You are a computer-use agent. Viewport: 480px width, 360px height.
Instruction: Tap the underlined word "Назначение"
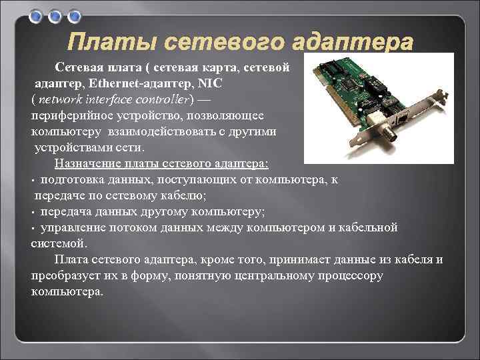pyautogui.click(x=89, y=164)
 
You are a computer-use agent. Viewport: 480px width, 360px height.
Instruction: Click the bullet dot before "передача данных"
pyautogui.click(x=33, y=212)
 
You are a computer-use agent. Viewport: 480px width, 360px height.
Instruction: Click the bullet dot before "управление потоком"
pyautogui.click(x=33, y=228)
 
